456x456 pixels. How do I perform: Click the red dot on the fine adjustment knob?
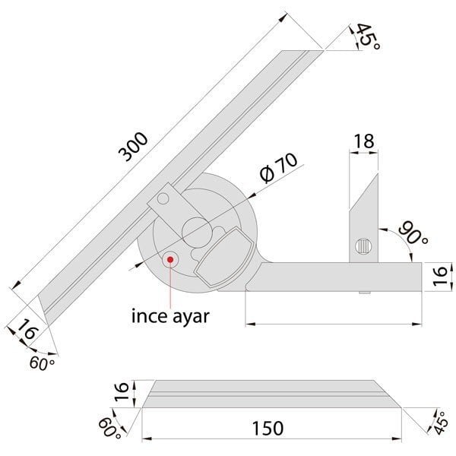(170, 258)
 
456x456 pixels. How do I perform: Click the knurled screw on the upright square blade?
(363, 247)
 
